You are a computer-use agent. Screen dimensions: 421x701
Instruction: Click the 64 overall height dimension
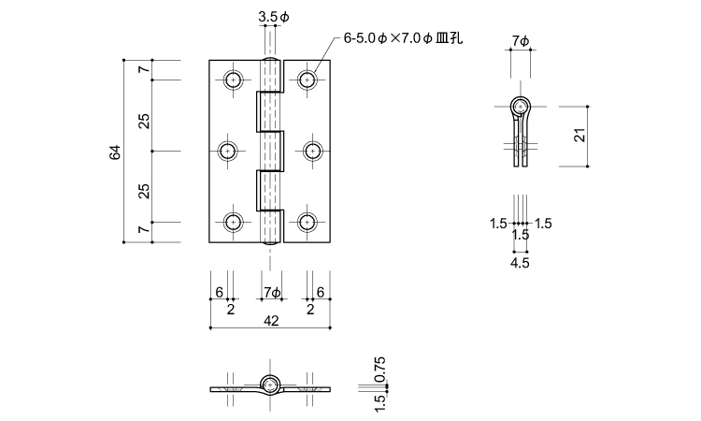coord(115,152)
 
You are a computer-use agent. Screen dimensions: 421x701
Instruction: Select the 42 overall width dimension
coord(271,320)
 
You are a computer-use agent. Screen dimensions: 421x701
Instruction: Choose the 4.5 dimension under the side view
coord(521,264)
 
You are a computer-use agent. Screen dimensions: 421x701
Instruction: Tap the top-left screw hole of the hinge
coord(233,80)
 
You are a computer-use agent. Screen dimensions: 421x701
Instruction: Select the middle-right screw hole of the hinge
coord(309,152)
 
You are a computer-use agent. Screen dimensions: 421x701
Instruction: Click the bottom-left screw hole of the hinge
coord(233,222)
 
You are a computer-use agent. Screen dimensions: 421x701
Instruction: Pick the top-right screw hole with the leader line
coord(309,80)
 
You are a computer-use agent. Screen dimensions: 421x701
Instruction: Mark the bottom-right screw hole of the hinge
coord(309,222)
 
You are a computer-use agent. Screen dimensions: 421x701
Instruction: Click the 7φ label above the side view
coord(521,40)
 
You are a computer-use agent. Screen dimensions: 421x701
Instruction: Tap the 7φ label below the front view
coord(271,293)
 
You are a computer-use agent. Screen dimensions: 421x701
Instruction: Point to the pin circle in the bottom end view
coord(271,385)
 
